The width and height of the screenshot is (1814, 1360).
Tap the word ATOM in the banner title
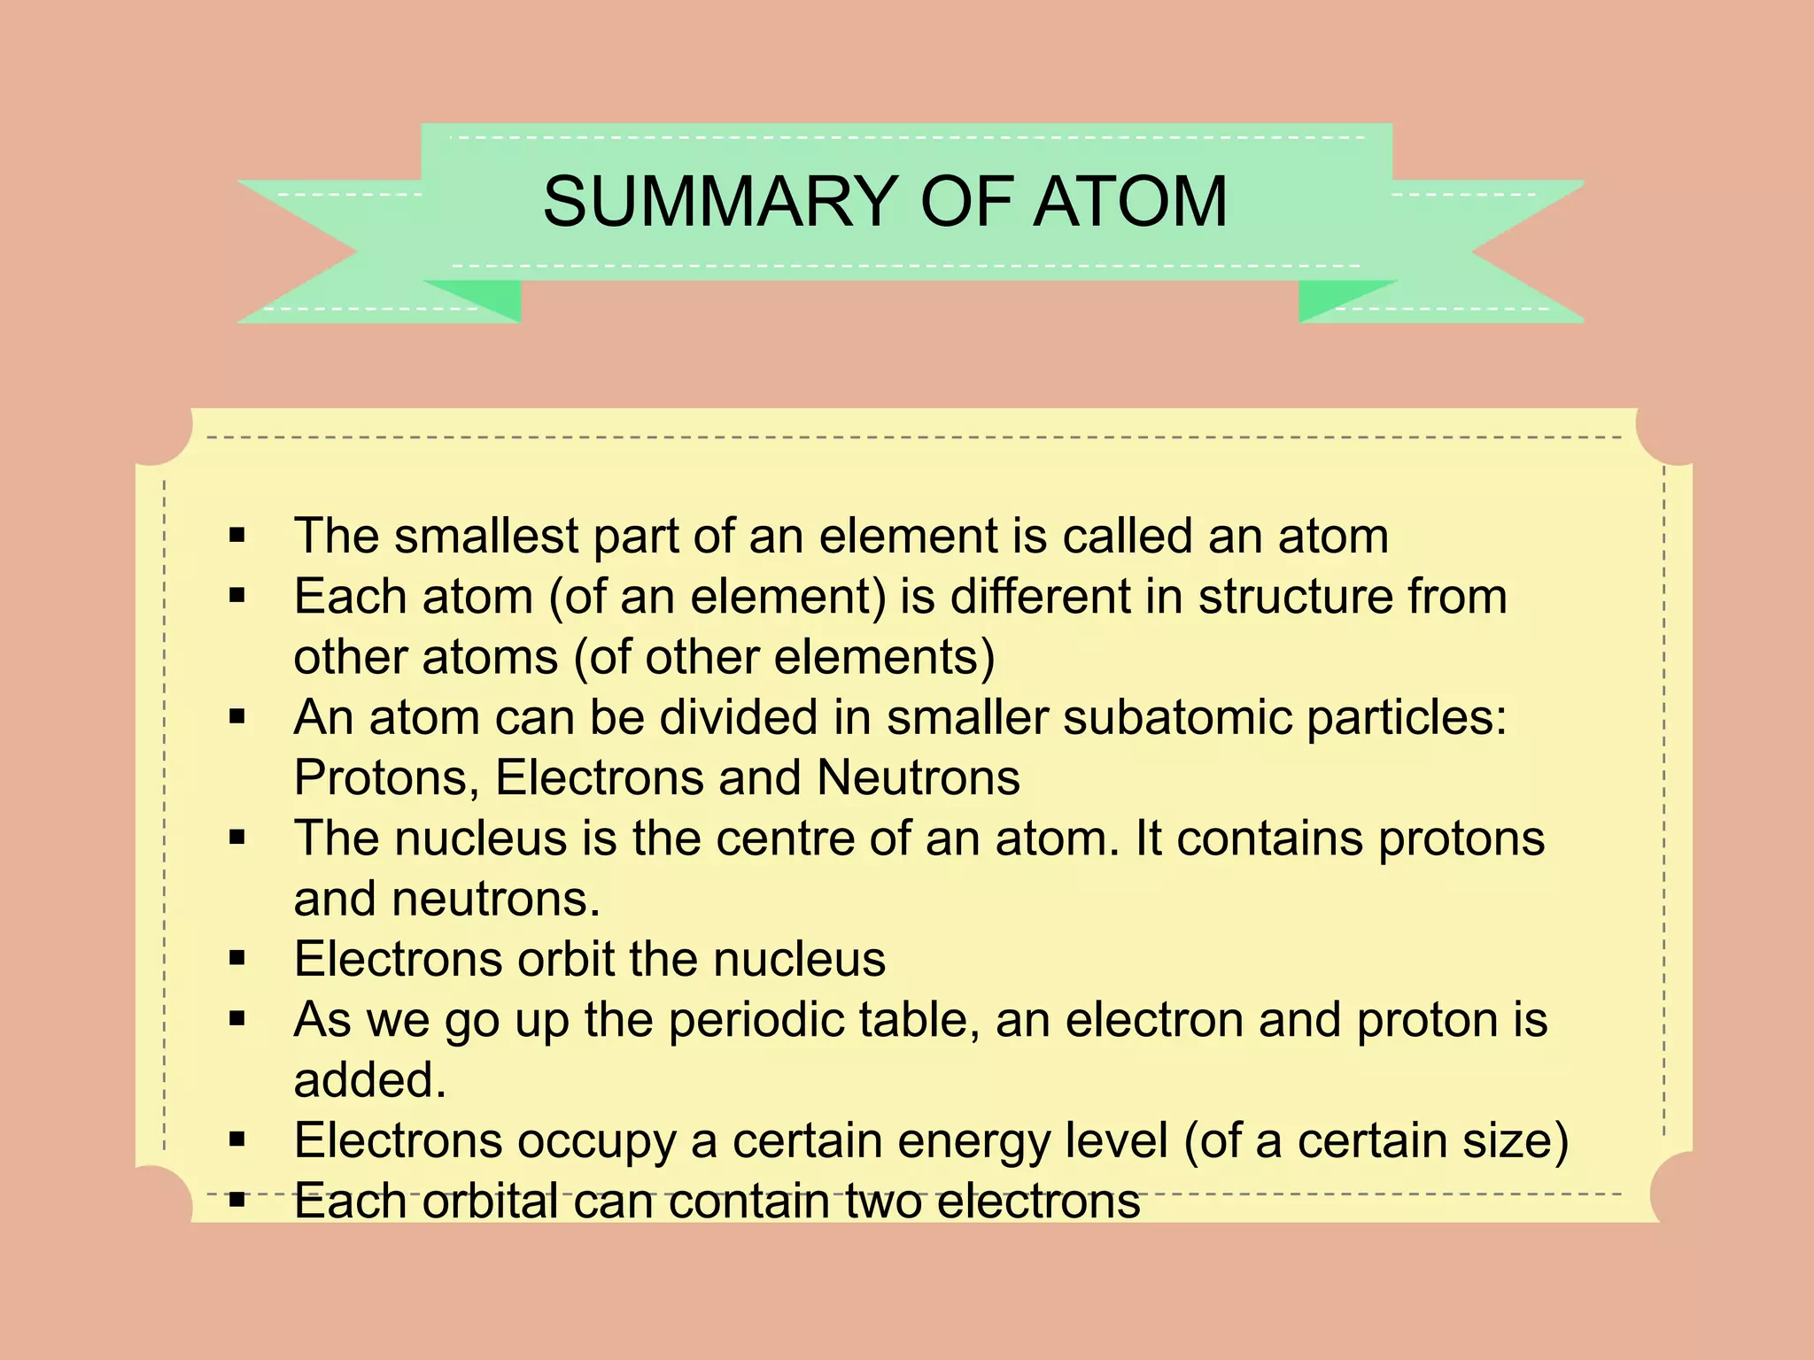point(1130,202)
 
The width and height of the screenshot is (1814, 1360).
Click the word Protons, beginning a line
point(386,777)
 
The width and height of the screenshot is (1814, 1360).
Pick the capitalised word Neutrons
point(918,777)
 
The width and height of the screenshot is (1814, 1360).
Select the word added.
point(369,1080)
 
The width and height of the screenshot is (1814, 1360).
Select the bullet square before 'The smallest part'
point(236,535)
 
